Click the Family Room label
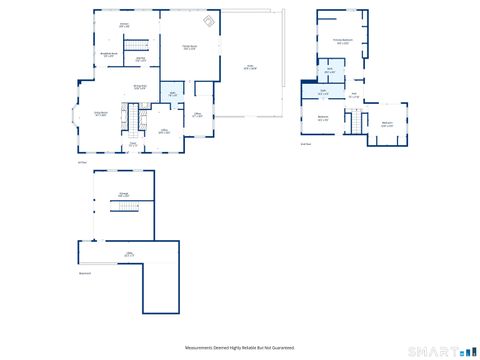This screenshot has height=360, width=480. click(188, 47)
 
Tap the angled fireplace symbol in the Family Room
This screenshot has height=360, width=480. click(208, 21)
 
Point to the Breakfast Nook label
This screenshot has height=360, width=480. click(109, 55)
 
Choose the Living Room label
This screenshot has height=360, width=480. click(101, 115)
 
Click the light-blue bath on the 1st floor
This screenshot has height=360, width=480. click(172, 95)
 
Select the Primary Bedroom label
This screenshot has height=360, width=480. click(342, 42)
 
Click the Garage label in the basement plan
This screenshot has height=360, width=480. click(124, 195)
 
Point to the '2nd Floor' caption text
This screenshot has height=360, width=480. click(306, 143)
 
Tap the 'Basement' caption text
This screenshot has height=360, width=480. click(85, 273)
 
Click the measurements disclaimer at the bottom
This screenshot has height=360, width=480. click(239, 347)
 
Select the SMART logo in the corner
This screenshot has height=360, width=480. click(446, 350)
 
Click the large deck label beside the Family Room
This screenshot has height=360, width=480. click(251, 67)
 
